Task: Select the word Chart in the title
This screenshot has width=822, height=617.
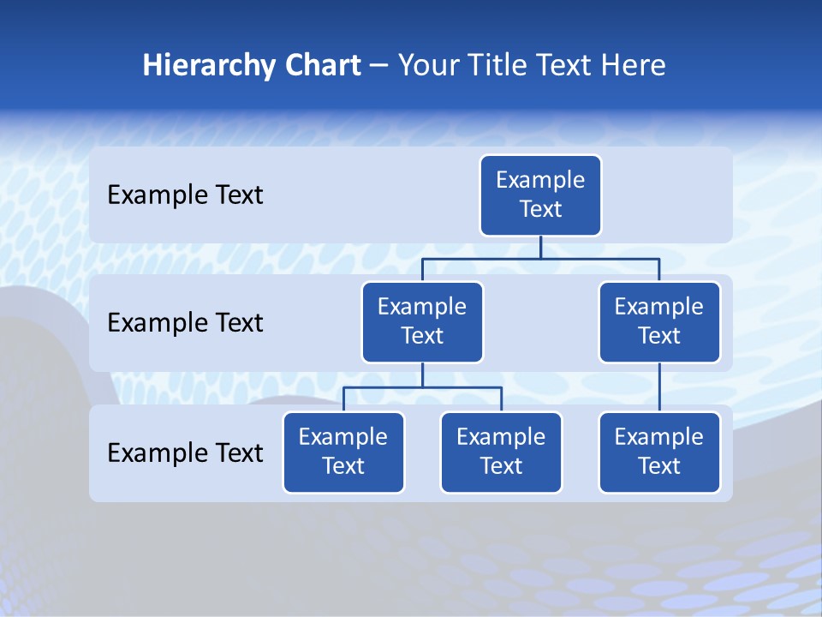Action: point(319,66)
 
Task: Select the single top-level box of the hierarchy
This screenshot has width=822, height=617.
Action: point(540,195)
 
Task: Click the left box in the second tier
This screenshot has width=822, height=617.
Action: point(422,322)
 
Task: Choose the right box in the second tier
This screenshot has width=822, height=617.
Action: point(659,322)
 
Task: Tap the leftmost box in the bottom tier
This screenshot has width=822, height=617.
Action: point(343,452)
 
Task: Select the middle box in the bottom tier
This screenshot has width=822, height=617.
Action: point(501,452)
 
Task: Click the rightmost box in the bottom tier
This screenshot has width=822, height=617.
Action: point(659,452)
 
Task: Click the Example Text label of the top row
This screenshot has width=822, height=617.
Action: point(185,195)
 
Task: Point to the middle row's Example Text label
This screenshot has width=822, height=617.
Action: point(185,323)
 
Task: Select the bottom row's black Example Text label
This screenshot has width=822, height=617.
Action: point(185,453)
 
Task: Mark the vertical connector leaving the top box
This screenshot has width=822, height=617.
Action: point(540,247)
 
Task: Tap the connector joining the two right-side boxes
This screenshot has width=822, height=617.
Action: point(659,387)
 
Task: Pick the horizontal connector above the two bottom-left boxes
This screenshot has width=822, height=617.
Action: point(422,388)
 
